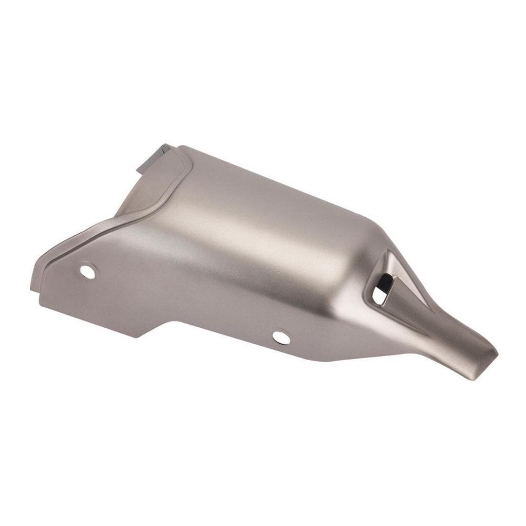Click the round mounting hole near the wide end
[88, 271]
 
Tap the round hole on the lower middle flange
[281, 337]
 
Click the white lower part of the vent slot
[379, 296]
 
